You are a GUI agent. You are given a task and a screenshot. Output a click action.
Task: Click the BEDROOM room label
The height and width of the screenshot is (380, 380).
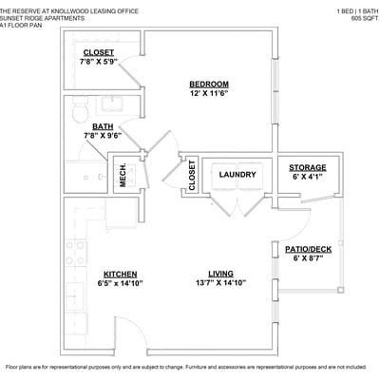pyautogui.click(x=209, y=85)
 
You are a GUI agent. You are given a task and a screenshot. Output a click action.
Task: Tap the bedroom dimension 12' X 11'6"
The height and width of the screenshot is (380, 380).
pyautogui.click(x=209, y=93)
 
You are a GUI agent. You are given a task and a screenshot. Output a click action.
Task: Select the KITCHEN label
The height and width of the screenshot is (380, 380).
pyautogui.click(x=121, y=275)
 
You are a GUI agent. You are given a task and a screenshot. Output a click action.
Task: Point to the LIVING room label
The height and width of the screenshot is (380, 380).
pyautogui.click(x=221, y=274)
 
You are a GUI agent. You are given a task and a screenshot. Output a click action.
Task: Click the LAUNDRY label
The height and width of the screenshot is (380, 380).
pyautogui.click(x=237, y=175)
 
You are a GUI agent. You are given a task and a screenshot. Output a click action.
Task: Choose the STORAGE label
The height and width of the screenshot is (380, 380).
pyautogui.click(x=308, y=167)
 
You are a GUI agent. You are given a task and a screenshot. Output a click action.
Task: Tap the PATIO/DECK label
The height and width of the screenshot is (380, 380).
pyautogui.click(x=308, y=249)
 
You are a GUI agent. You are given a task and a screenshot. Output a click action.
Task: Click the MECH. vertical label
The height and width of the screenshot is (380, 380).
pyautogui.click(x=123, y=175)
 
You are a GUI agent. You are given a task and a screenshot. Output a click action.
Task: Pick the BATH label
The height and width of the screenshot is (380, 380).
pyautogui.click(x=103, y=126)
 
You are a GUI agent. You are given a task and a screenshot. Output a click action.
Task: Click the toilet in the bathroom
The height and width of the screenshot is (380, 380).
pyautogui.click(x=80, y=110)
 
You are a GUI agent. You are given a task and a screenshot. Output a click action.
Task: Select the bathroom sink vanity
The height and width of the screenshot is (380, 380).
pyautogui.click(x=112, y=104)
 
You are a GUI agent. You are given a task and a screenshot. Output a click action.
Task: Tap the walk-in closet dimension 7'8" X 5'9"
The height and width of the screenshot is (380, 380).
pyautogui.click(x=99, y=62)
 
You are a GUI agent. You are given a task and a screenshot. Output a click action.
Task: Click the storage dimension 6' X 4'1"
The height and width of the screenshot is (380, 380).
pyautogui.click(x=308, y=177)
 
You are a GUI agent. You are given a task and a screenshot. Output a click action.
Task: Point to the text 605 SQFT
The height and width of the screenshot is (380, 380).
pyautogui.click(x=365, y=18)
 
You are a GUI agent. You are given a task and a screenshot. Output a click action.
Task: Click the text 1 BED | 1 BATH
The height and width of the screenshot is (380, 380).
pyautogui.click(x=357, y=11)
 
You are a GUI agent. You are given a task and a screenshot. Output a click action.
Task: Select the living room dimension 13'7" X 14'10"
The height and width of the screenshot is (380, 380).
pyautogui.click(x=221, y=283)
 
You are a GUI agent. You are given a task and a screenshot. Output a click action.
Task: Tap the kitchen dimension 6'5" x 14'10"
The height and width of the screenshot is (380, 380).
pyautogui.click(x=121, y=283)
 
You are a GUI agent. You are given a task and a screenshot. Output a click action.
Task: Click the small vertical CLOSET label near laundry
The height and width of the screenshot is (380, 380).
pyautogui.click(x=192, y=175)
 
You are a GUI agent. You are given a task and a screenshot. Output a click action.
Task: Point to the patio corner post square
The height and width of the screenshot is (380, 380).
pyautogui.click(x=340, y=290)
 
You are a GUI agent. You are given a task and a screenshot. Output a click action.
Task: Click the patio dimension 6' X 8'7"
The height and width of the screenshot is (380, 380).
pyautogui.click(x=308, y=258)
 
